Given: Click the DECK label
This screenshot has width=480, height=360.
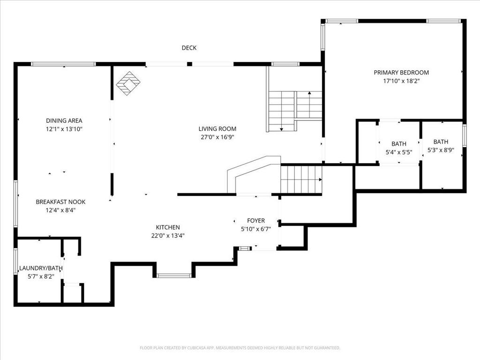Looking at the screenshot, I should pyautogui.click(x=189, y=48).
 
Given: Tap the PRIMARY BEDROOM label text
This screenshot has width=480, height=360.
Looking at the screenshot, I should pyautogui.click(x=401, y=73).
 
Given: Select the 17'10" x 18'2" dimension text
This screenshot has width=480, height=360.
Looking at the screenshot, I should pyautogui.click(x=401, y=81).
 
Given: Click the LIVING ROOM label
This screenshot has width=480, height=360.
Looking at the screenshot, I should pyautogui.click(x=217, y=129).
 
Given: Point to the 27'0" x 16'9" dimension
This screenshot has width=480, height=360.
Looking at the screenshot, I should pyautogui.click(x=217, y=137).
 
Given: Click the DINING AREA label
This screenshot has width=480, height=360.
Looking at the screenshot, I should pyautogui.click(x=64, y=120).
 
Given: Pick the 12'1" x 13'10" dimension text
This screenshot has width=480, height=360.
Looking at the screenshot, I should pyautogui.click(x=64, y=129).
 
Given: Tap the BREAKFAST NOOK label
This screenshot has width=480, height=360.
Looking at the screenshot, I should pyautogui.click(x=60, y=202).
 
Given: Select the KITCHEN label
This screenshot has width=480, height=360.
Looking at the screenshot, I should pyautogui.click(x=168, y=227).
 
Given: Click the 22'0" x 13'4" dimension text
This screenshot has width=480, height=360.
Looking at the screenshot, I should pyautogui.click(x=168, y=236).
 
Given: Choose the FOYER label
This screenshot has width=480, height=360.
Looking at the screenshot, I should pyautogui.click(x=256, y=220).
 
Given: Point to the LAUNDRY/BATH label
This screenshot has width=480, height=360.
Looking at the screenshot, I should pyautogui.click(x=41, y=268).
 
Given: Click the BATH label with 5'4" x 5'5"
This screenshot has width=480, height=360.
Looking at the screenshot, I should pyautogui.click(x=399, y=144).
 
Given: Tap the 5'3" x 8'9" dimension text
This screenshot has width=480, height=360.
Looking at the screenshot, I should pyautogui.click(x=441, y=150).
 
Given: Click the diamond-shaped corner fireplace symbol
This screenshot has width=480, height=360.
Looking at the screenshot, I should pyautogui.click(x=128, y=83).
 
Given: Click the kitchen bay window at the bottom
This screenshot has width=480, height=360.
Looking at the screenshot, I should pyautogui.click(x=174, y=275).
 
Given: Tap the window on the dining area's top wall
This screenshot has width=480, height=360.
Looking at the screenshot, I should pyautogui.click(x=63, y=64).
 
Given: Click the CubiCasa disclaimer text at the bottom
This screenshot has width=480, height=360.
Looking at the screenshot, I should pyautogui.click(x=240, y=348).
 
